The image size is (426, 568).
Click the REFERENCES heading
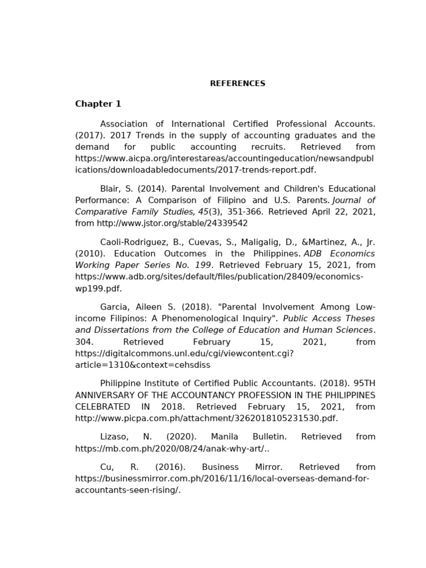pos(237,84)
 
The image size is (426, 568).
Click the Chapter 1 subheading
pos(98,104)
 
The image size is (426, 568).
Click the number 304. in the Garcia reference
pos(84,342)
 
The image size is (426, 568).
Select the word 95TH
pos(363,383)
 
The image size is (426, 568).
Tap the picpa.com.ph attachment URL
pos(206,418)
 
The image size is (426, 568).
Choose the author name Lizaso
pos(113,437)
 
